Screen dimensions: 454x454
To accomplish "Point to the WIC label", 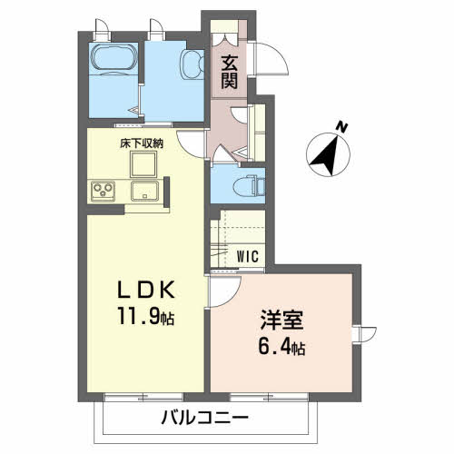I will (x=249, y=256).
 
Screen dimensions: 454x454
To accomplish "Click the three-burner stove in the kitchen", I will (x=103, y=191).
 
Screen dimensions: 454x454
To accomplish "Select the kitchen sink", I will (x=145, y=191).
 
